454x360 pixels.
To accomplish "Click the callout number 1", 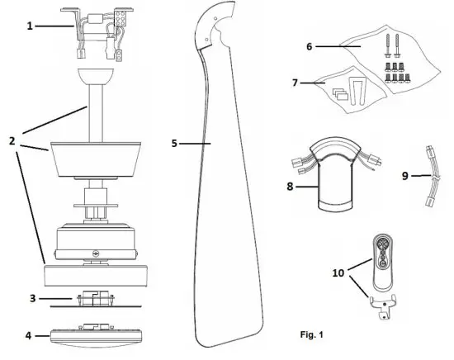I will pos(31,26).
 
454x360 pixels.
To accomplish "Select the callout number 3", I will pos(31,296).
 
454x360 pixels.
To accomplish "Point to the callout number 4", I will pos(30,336).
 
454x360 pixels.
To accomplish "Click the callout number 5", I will pos(174,143).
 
